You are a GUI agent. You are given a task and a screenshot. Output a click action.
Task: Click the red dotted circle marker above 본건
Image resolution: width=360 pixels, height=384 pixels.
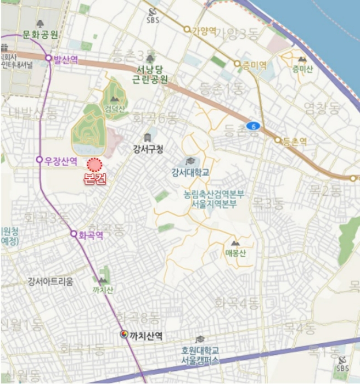point(95,164)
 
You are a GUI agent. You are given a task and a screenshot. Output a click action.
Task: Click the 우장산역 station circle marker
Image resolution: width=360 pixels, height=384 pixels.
point(39,160)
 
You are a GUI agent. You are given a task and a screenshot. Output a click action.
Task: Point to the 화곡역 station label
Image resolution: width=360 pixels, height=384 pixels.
point(91,235)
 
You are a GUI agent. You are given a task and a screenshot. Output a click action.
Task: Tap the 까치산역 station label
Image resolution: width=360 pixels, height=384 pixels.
point(147,335)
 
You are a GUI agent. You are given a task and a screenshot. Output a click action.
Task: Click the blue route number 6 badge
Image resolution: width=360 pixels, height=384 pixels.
point(252,126)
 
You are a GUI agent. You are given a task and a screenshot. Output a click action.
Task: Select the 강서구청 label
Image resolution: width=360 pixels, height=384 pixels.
point(148,148)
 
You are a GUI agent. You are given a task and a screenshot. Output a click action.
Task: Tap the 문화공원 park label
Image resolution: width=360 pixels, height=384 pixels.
point(40,34)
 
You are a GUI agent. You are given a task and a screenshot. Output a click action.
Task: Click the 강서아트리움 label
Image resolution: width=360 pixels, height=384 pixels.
point(50,281)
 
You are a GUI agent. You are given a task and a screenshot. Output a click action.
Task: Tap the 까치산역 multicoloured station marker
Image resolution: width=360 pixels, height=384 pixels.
point(125,334)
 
